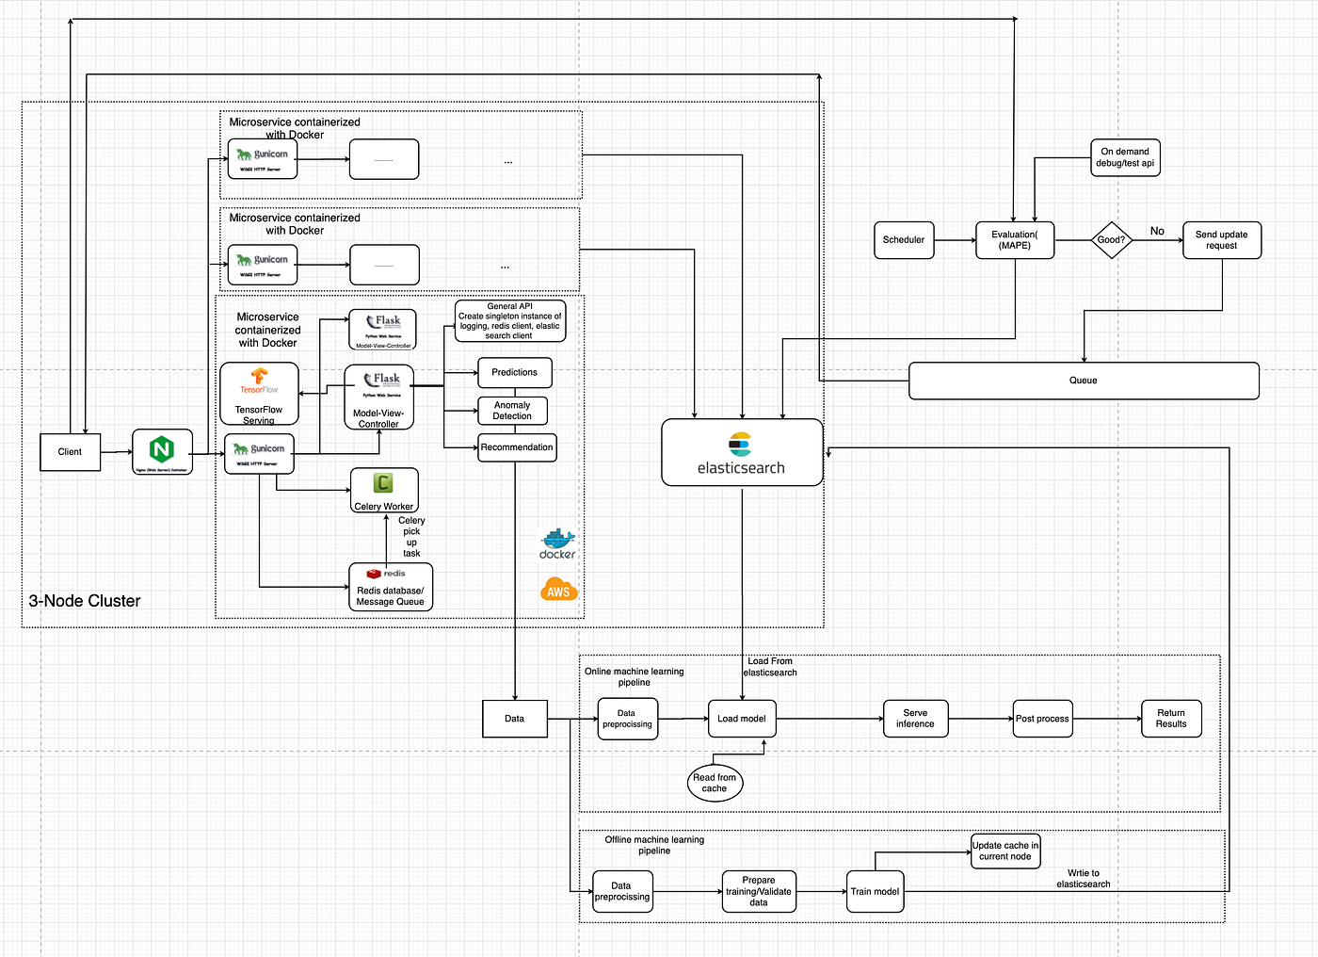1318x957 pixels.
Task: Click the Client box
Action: [70, 452]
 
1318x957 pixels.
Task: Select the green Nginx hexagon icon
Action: [162, 449]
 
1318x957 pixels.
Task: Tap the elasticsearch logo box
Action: [742, 453]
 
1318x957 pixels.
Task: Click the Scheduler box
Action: [904, 240]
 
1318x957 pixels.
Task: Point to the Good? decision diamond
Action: [1111, 240]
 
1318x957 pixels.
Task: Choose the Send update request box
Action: [1221, 240]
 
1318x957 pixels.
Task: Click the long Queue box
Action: [1084, 381]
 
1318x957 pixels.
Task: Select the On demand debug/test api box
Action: [1125, 157]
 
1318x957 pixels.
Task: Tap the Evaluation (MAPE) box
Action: [1015, 240]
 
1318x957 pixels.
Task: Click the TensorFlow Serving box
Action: [259, 394]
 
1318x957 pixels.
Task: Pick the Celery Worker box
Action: [384, 491]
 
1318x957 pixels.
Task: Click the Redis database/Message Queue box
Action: [391, 587]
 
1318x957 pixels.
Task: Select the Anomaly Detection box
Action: [512, 411]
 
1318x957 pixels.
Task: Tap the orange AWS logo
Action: [558, 591]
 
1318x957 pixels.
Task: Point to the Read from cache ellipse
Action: [715, 783]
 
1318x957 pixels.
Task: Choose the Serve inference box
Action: [915, 719]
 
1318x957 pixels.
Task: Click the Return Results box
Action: [1171, 719]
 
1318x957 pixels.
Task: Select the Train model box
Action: [875, 892]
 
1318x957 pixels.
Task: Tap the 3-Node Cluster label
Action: [85, 601]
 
